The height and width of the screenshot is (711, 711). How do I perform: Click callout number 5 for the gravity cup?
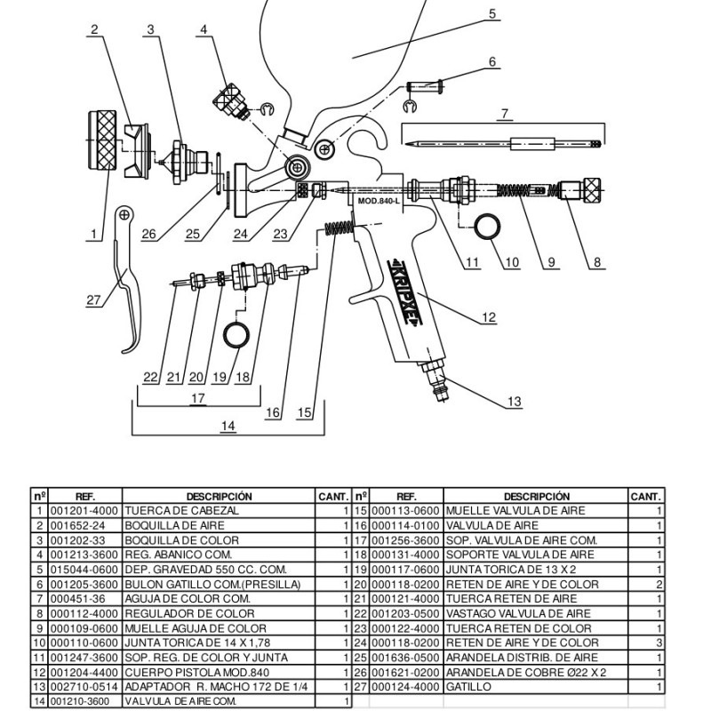pyautogui.click(x=492, y=14)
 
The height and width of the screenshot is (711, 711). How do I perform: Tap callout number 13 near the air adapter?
pyautogui.click(x=514, y=402)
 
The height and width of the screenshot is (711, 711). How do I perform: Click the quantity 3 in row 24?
pyautogui.click(x=659, y=643)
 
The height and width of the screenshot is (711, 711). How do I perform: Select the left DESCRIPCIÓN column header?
pyautogui.click(x=219, y=496)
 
